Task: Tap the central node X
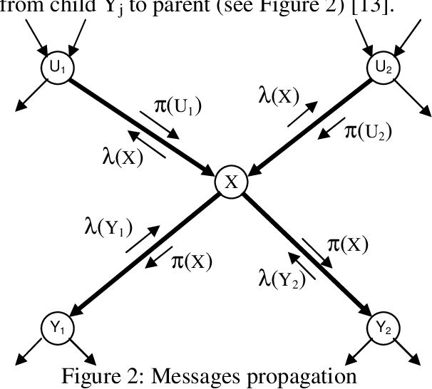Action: pos(231,182)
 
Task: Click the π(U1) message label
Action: pos(178,107)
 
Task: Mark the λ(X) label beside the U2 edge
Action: pos(279,95)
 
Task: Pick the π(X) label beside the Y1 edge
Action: pos(192,261)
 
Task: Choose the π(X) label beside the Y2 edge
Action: pos(347,245)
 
